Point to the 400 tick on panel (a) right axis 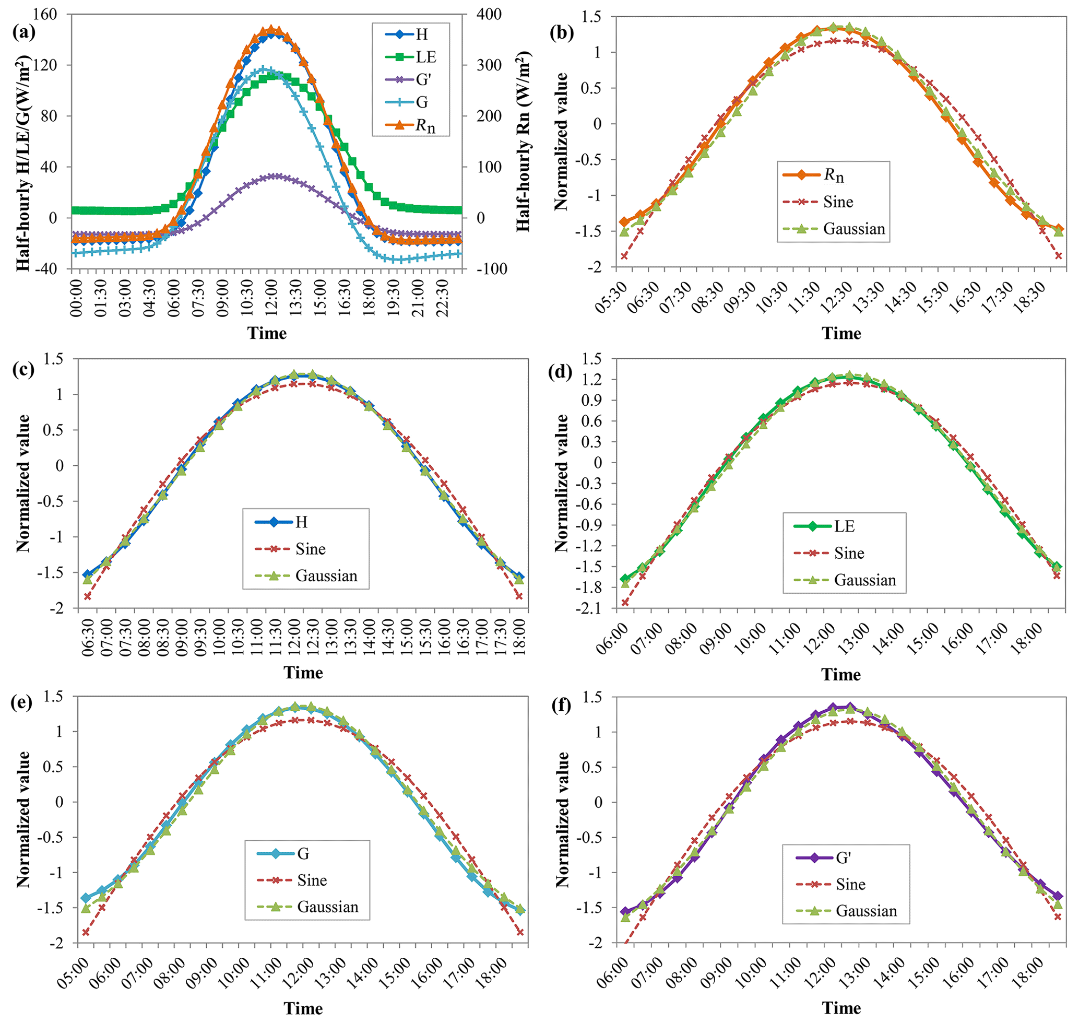coord(488,14)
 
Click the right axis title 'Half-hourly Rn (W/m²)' coord(524,142)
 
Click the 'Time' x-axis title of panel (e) coord(303,1008)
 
